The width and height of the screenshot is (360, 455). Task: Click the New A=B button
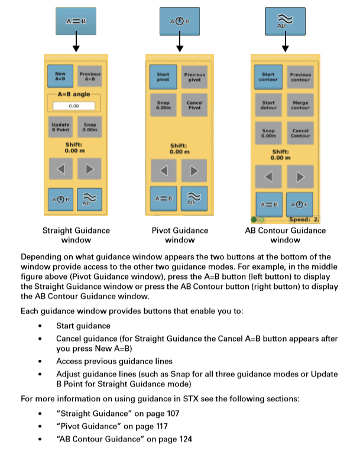pos(60,76)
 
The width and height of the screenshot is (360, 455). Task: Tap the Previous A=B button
pos(90,76)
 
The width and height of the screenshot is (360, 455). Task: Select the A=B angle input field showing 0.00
pos(74,106)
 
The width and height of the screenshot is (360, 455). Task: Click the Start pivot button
pos(163,77)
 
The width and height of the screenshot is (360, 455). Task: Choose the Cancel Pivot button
pos(194,105)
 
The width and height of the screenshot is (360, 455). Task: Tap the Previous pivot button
pos(194,77)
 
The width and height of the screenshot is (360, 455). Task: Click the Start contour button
pos(268,77)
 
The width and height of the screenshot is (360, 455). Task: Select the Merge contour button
pos(300,105)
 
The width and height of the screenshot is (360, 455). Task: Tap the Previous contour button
pos(300,77)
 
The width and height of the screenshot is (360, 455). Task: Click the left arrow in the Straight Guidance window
pos(60,169)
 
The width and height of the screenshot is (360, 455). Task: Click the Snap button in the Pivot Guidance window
pos(163,105)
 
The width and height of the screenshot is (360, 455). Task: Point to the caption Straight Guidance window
pos(76,235)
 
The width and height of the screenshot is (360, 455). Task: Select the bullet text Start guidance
pos(82,326)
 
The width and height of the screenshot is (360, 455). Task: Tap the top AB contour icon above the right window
pos(285,21)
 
